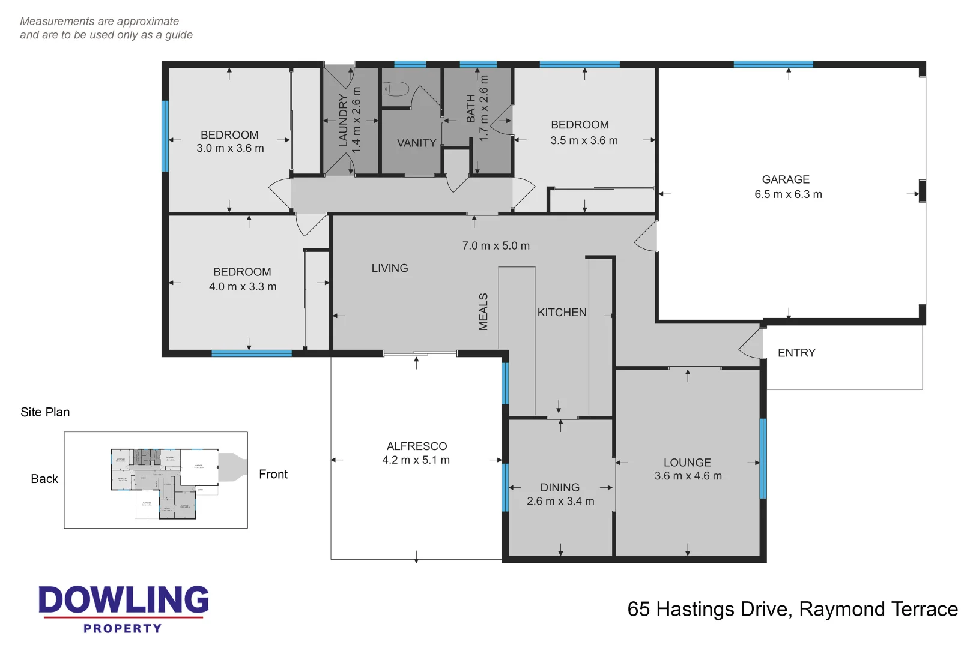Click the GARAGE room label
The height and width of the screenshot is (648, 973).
coord(786,179)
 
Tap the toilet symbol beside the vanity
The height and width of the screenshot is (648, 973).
coord(395,89)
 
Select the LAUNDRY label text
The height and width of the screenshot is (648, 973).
coord(343,120)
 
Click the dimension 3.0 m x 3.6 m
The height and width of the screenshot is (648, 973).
coord(230,148)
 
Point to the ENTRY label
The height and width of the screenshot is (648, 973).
coord(796,353)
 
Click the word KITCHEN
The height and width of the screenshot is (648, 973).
coord(562,313)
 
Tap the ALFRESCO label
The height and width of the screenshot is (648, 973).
coord(416,446)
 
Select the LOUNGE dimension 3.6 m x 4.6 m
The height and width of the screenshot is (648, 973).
coord(688,476)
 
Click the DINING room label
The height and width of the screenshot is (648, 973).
coord(560,487)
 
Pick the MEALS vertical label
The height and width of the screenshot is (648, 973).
coord(483,311)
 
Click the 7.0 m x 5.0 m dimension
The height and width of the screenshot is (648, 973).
coord(496,245)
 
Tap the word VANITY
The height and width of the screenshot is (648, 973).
coord(416,143)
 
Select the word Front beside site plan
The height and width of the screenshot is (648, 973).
coord(273,474)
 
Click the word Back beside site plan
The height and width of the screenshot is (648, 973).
coord(44,479)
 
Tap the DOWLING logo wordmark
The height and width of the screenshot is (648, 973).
coord(124,600)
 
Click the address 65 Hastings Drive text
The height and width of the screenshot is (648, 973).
coord(792,609)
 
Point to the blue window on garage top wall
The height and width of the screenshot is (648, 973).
coord(773,64)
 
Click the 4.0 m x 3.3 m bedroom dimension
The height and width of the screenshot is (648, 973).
coord(243,287)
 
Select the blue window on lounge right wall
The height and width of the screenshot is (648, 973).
coord(763,458)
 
